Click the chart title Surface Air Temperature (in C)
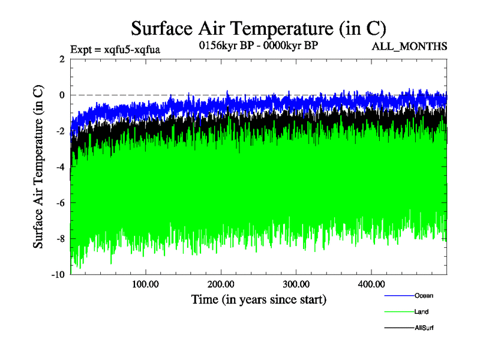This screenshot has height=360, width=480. tap(258, 28)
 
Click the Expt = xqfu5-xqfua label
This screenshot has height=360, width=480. tap(115, 49)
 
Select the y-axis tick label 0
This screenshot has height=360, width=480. tap(62, 95)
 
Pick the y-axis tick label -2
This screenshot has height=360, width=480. tap(60, 131)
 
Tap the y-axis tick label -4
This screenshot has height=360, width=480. tap(60, 167)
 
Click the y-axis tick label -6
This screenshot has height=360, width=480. tap(60, 203)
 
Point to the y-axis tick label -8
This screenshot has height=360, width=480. tap(60, 239)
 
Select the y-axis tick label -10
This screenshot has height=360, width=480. tap(58, 274)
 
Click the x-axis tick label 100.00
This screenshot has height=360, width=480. tap(145, 284)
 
